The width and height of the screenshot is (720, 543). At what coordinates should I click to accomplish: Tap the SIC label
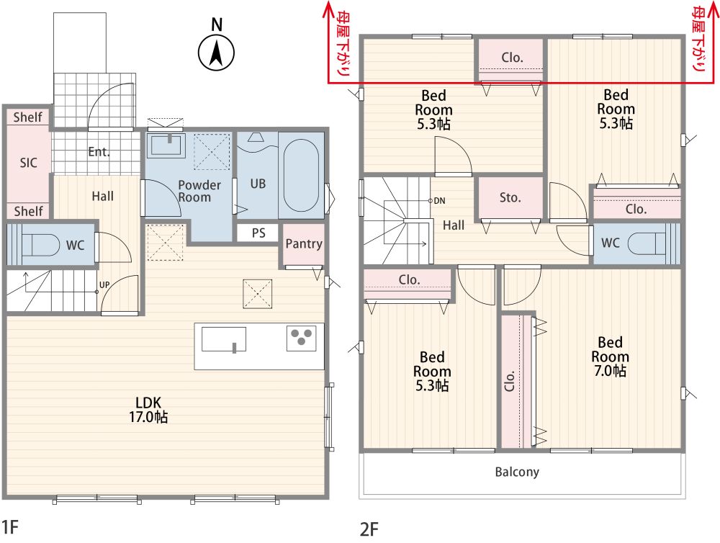(29, 163)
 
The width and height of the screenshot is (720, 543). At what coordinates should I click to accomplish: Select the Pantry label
(304, 243)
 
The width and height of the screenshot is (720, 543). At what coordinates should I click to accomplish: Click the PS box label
(258, 233)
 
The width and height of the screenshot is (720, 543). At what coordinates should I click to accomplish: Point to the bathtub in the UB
(301, 174)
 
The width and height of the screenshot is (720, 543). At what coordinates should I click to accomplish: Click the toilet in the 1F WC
(40, 244)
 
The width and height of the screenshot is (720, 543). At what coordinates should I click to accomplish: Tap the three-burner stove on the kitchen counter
(302, 338)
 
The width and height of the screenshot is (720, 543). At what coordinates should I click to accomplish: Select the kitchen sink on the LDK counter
(224, 339)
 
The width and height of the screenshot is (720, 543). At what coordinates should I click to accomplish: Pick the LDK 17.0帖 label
(148, 410)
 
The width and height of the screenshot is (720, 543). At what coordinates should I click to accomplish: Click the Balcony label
(517, 472)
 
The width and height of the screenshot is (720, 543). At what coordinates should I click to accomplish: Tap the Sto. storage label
(510, 197)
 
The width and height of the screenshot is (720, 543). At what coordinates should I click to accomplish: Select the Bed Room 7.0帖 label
(610, 356)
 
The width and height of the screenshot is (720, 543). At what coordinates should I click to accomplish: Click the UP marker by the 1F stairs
(104, 284)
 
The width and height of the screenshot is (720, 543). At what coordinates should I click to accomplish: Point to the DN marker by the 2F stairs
(439, 201)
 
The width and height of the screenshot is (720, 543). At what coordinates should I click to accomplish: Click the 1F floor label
(10, 527)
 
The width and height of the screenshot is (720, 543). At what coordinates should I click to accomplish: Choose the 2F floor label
(369, 529)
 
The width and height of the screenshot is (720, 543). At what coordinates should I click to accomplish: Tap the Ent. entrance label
(99, 152)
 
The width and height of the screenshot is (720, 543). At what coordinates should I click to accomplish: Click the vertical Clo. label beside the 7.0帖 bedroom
(510, 381)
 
